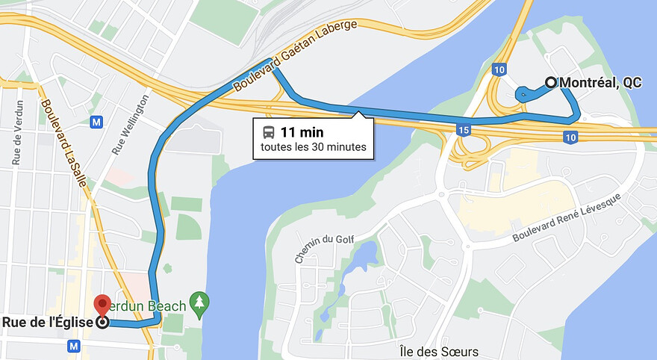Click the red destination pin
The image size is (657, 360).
pyautogui.click(x=102, y=305)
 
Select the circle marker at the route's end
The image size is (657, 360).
pyautogui.click(x=102, y=323)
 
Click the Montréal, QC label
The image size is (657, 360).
pyautogui.click(x=600, y=83)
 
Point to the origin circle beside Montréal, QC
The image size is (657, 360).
pyautogui.click(x=551, y=83)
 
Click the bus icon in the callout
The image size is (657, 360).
pyautogui.click(x=268, y=132)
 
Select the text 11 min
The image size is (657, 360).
pyautogui.click(x=296, y=132)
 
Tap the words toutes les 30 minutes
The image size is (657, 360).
pyautogui.click(x=314, y=147)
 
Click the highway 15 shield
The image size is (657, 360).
pyautogui.click(x=464, y=131)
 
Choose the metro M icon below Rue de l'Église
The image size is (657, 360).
pyautogui.click(x=73, y=346)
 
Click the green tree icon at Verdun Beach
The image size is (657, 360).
pyautogui.click(x=199, y=302)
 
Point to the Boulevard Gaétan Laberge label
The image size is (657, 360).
pyautogui.click(x=296, y=57)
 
